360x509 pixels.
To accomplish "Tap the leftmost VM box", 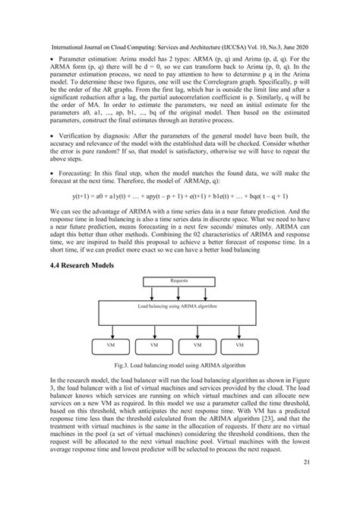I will (x=114, y=343).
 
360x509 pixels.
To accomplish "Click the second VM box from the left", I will (x=156, y=343).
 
